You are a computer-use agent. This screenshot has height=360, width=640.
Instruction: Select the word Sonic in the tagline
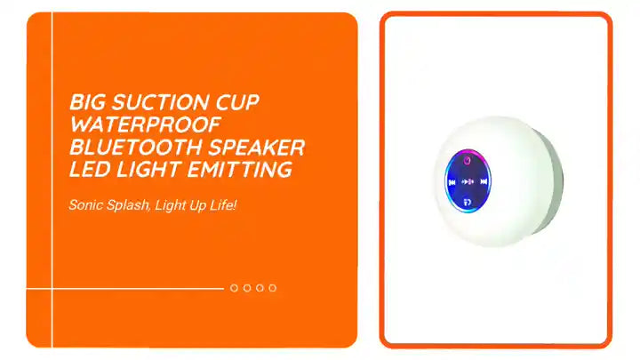click(87, 205)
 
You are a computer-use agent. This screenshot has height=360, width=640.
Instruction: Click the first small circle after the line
click(235, 288)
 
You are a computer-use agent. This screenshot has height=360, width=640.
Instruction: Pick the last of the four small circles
click(273, 288)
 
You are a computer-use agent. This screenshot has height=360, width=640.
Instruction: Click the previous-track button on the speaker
click(452, 181)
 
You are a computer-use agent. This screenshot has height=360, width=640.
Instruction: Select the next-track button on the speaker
click(484, 181)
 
